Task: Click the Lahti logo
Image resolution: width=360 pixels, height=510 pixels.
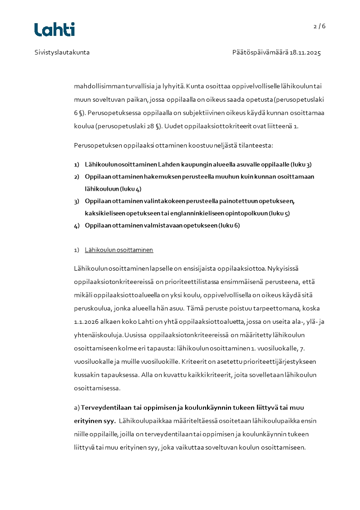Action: [x=54, y=30]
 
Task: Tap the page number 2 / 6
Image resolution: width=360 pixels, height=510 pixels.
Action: [x=319, y=26]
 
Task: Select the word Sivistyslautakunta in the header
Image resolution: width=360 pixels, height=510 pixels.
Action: [x=62, y=53]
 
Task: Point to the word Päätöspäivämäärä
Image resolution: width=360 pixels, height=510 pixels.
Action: [x=260, y=53]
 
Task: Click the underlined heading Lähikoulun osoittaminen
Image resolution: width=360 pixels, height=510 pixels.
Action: [x=119, y=250]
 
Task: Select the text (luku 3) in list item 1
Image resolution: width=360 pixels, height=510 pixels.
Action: [x=300, y=165]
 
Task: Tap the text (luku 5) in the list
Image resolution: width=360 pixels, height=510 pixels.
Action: [x=279, y=213]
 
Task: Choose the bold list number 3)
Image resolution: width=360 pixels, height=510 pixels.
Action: [x=77, y=201]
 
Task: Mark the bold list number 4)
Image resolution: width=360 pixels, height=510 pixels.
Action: [x=77, y=226]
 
